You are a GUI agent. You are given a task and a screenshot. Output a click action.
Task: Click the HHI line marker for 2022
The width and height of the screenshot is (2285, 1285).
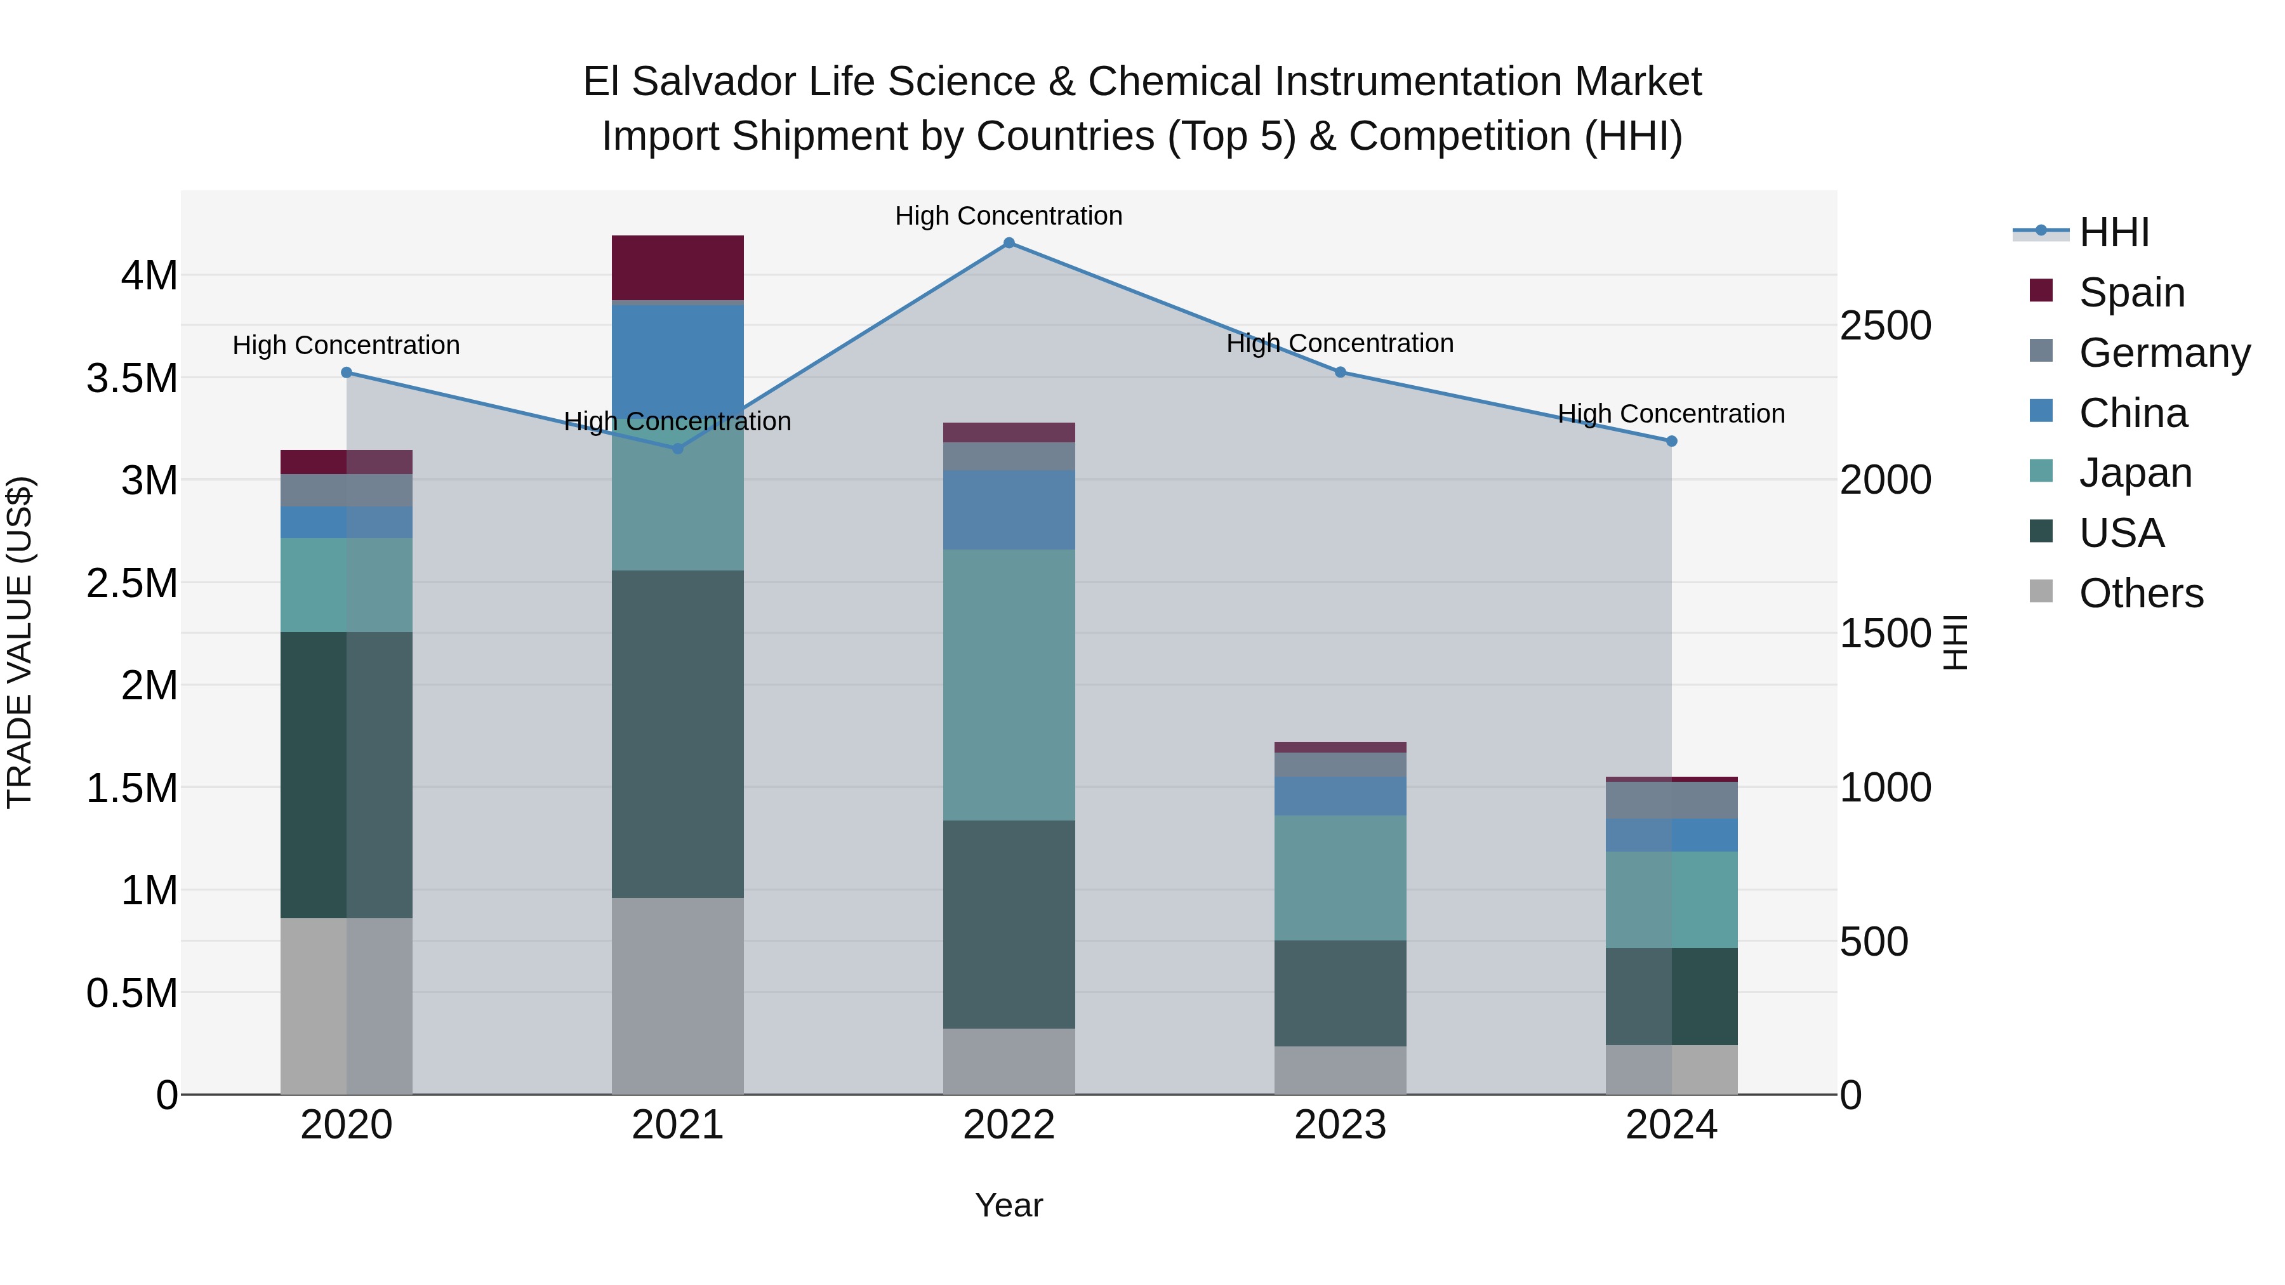click(x=1009, y=243)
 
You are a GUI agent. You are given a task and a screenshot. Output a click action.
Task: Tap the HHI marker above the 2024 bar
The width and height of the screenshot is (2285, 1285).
click(x=1671, y=441)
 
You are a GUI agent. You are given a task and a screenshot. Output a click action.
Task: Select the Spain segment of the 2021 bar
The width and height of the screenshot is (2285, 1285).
click(x=678, y=268)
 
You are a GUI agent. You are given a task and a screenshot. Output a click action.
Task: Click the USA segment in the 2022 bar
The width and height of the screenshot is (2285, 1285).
click(x=1009, y=923)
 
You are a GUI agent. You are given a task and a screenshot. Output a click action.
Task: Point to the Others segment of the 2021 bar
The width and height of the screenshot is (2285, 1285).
click(x=678, y=995)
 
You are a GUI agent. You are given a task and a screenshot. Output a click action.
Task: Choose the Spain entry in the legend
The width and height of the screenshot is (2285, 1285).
click(x=2131, y=292)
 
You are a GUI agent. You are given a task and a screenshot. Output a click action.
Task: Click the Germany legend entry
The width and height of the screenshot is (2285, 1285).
click(x=2164, y=352)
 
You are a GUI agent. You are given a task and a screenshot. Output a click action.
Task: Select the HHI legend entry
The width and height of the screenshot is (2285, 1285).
click(x=2113, y=232)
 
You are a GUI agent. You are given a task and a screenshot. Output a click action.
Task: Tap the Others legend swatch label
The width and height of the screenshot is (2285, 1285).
click(x=2140, y=593)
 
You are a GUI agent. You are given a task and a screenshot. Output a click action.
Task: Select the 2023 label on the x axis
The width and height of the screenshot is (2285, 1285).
click(x=1341, y=1124)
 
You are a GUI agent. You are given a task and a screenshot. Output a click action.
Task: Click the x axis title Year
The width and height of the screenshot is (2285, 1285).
click(x=1009, y=1205)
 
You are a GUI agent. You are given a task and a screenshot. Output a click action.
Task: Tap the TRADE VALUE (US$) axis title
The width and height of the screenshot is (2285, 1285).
click(x=20, y=642)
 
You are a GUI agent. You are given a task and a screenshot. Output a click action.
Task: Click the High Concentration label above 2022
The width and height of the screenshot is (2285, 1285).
click(x=1009, y=216)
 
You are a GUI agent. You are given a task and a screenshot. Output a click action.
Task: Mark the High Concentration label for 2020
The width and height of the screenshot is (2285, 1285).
click(x=346, y=345)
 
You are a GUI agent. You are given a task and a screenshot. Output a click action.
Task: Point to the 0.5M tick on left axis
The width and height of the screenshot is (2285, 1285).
click(x=132, y=993)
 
